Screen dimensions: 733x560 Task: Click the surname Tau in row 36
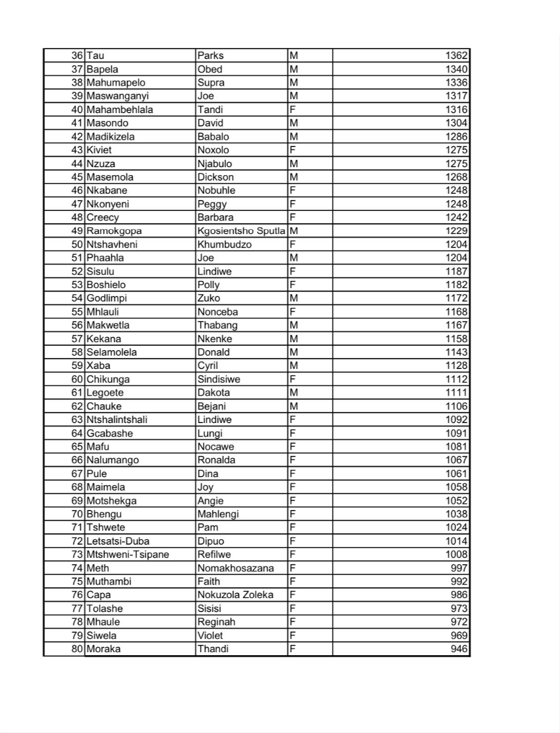coord(95,56)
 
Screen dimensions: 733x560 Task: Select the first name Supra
coord(211,83)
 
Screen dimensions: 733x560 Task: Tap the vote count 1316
coord(457,109)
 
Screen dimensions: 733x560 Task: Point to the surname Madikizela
coord(111,137)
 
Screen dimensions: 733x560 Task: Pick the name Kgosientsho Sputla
coord(241,231)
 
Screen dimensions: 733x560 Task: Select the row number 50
coord(77,244)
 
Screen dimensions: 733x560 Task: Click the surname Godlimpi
coord(106,298)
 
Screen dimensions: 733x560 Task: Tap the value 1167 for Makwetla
coord(457,325)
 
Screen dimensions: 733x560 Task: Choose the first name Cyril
coord(207,366)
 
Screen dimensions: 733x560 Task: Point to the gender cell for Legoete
coord(294,393)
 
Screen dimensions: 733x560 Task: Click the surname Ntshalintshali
coord(117,419)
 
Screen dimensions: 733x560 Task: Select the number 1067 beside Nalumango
coord(457,460)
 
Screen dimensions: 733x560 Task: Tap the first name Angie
coord(210,501)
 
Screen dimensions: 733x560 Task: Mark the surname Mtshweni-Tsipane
coord(128,554)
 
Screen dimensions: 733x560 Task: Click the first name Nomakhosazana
coord(235,568)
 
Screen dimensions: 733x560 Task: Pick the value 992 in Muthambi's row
coord(460,582)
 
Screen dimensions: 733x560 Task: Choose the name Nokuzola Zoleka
coord(235,595)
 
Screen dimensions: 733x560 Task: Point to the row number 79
coord(77,635)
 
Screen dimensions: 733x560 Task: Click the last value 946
coord(460,649)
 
